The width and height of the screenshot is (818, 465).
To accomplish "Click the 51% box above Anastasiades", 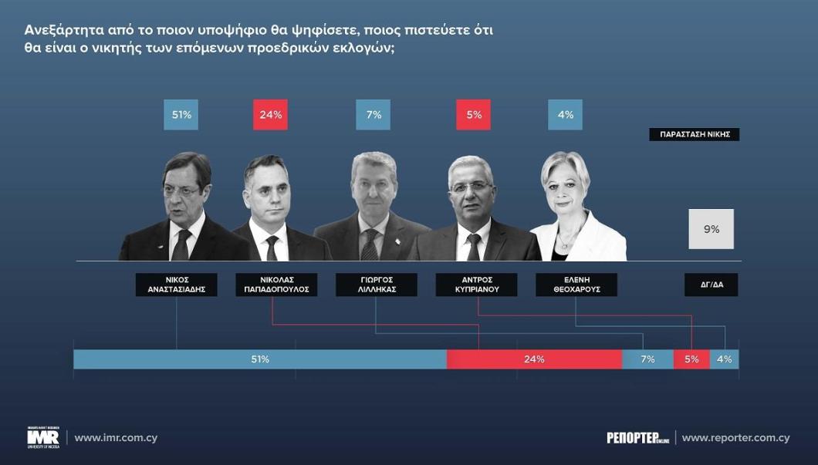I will point(182,115).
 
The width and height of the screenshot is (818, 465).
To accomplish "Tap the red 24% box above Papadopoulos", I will point(270,115).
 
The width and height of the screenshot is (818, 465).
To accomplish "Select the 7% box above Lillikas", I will point(374,115).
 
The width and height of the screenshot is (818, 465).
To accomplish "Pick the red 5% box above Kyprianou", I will point(474,115).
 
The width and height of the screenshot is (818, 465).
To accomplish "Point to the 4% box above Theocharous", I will point(566,115).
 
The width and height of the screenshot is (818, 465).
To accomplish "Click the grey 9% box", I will point(711,229).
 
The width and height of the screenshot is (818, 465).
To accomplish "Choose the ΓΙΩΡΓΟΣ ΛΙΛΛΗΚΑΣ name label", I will point(376,285).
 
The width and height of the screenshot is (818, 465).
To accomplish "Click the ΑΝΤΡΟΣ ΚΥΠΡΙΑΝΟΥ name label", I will point(478,285).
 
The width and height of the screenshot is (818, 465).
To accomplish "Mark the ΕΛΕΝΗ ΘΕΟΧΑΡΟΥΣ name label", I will point(576,285).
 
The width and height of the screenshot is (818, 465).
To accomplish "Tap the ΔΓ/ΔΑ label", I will point(711,285).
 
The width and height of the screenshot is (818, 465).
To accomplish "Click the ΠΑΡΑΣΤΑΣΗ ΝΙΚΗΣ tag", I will point(695,134).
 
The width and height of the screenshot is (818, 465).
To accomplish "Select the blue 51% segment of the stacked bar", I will point(260,359).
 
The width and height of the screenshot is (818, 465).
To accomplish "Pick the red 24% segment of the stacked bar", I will point(534,359).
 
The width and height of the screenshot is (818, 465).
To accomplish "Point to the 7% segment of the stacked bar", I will point(647,359).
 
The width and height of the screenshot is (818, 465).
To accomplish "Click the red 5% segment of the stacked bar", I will point(691,359).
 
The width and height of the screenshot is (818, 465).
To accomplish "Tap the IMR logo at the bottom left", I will point(42,438).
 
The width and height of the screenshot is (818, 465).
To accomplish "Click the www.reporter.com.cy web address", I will point(735,438).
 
